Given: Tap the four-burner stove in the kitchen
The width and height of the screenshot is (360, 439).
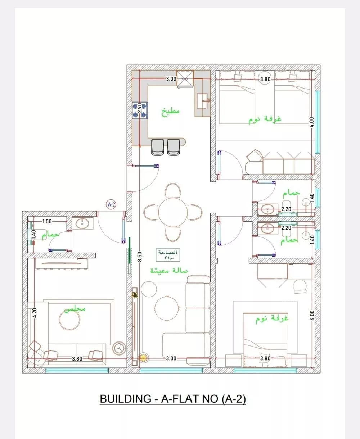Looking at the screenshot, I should coord(140,110).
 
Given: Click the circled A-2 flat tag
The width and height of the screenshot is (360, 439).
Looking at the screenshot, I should coord(112,205).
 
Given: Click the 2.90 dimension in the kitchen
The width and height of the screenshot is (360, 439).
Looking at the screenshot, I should coord(139,107).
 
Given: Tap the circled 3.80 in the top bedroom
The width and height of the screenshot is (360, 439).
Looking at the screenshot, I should coord(265,79).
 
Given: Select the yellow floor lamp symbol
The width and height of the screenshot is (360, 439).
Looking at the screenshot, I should coord(143,358).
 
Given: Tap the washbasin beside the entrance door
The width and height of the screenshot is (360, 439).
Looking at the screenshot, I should coord(83,223).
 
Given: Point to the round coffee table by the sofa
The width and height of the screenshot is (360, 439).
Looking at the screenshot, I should coord(166,307).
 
